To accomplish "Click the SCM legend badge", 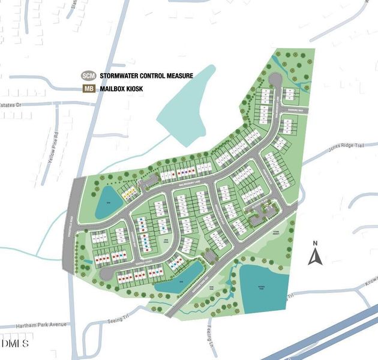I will click(x=88, y=76).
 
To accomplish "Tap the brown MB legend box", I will click(x=88, y=89).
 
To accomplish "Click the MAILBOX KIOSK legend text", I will click(x=122, y=89).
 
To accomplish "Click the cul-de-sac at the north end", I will click(x=274, y=78).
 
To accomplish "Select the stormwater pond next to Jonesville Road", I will click(x=109, y=202).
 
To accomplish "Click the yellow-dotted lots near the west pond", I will click(x=128, y=193).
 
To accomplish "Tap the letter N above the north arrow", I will click(x=315, y=244).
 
